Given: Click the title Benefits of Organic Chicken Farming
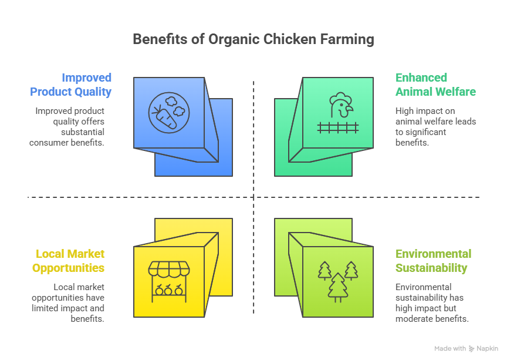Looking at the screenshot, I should point(253,39).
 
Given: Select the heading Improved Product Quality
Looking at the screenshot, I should point(70,85).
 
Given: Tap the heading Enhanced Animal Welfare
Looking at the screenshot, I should point(435,85).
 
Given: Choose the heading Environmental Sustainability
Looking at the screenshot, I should point(433,261).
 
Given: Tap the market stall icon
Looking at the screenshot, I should point(169,281).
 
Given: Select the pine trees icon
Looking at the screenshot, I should point(337,280).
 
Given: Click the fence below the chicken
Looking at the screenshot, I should point(337,126).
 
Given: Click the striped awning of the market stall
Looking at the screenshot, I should point(169,269).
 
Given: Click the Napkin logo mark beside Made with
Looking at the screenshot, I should point(472,349).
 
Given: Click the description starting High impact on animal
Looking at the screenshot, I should point(435,126).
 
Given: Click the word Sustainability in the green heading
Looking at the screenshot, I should point(431,268).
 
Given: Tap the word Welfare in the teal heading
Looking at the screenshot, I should point(455,92).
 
